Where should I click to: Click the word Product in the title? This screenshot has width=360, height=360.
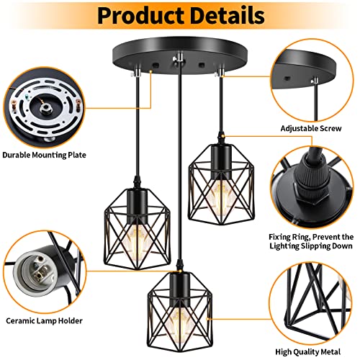click(x=131, y=14)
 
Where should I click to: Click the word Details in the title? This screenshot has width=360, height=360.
click(x=227, y=14)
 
